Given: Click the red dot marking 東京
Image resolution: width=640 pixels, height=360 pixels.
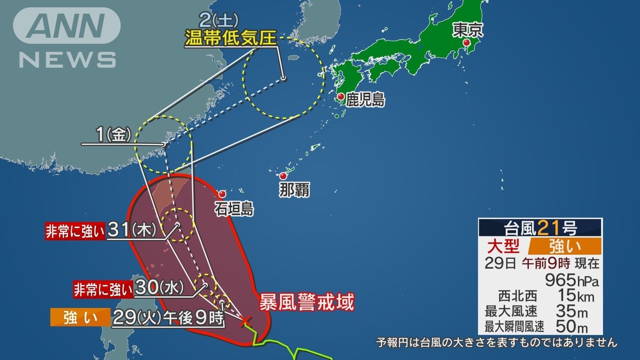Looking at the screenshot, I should [x=467, y=43].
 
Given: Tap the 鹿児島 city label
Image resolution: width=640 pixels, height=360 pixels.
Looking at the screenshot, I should [x=365, y=99].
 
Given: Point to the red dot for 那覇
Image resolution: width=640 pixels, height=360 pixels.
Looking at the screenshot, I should [x=283, y=176].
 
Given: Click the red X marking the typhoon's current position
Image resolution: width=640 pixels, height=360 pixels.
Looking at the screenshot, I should [x=246, y=320].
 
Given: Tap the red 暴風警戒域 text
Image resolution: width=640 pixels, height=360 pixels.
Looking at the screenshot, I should [x=306, y=302].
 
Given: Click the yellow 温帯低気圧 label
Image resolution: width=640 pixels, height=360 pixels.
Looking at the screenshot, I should [x=231, y=38].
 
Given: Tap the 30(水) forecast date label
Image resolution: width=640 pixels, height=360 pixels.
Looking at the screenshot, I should [x=160, y=288].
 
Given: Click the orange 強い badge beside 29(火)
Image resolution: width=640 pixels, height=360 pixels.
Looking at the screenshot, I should [x=80, y=317].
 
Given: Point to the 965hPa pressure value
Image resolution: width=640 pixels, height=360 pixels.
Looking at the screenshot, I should [x=571, y=280].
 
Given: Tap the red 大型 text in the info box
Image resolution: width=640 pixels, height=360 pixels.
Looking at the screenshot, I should [x=503, y=246].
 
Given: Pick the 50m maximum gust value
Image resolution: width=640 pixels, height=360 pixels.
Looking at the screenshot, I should [x=571, y=327].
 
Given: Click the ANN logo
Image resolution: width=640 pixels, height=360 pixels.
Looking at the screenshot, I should [x=67, y=26].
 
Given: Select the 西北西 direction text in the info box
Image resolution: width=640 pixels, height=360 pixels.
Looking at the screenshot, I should [x=518, y=296].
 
